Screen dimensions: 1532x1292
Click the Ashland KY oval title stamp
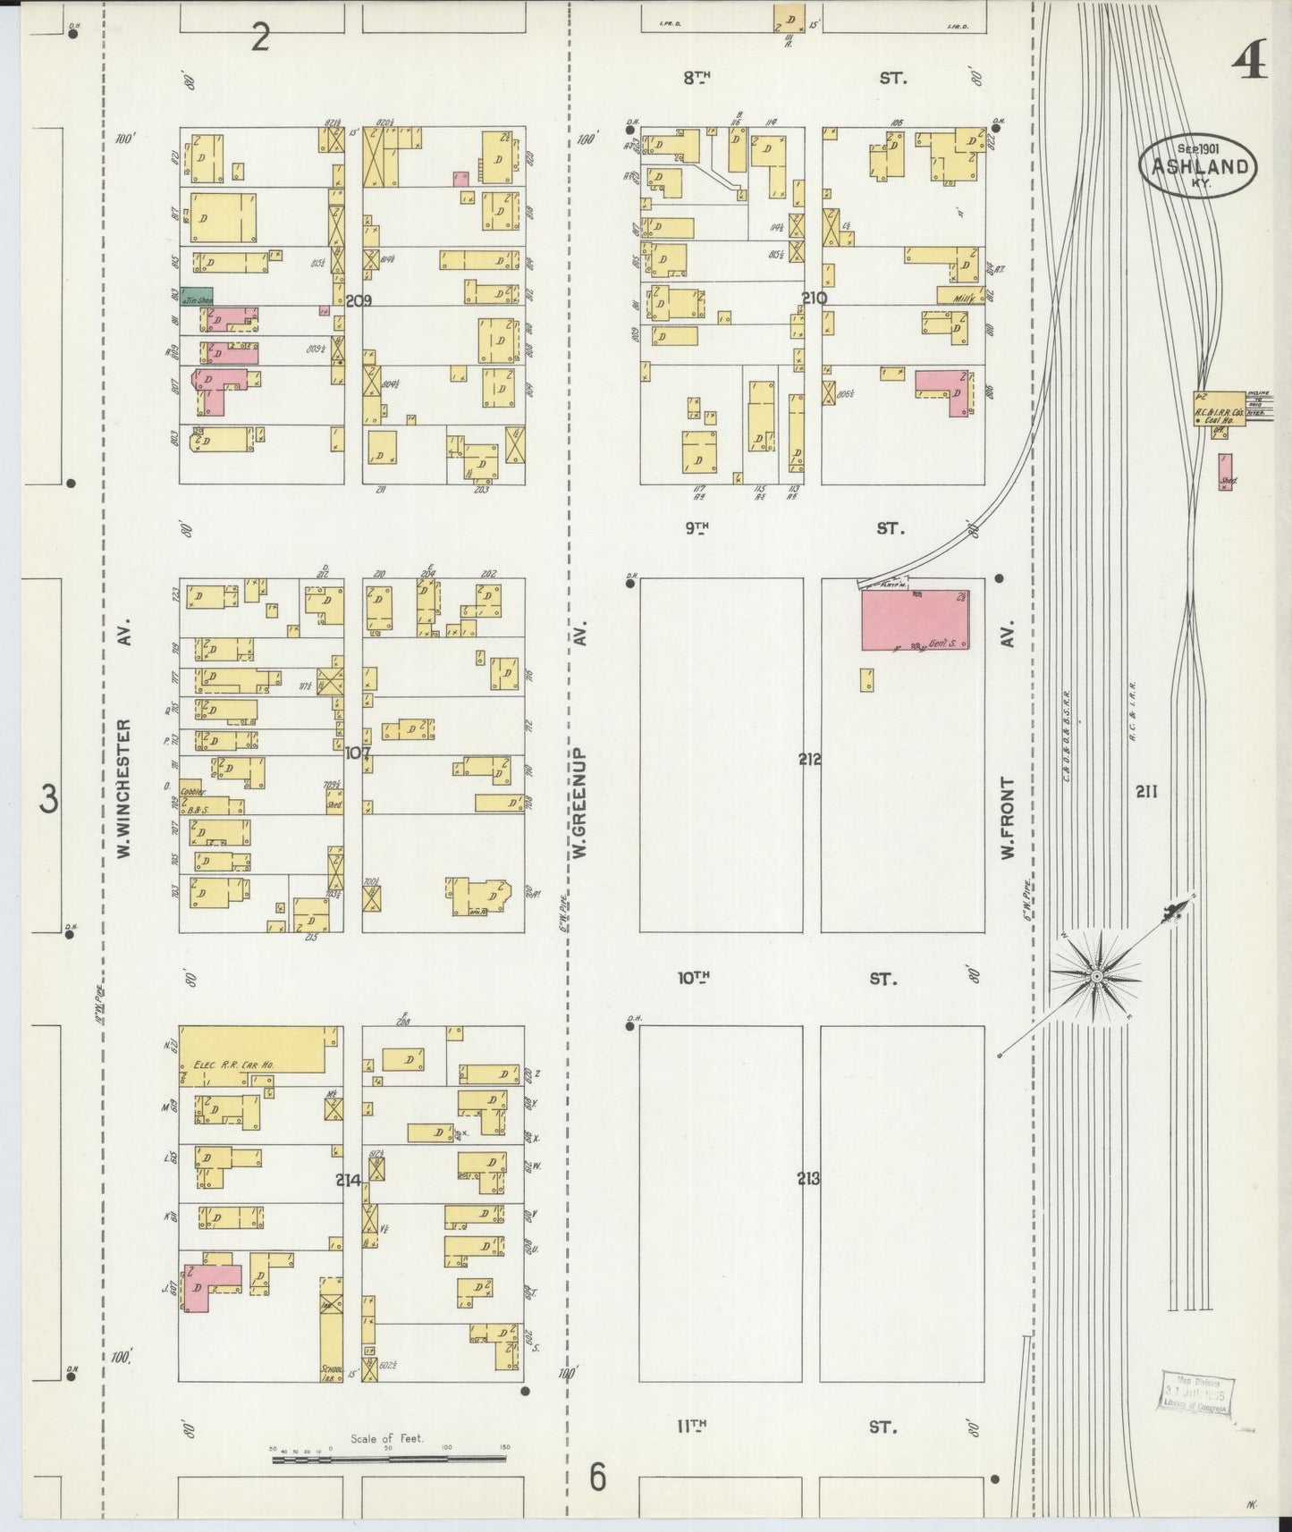coord(1197,165)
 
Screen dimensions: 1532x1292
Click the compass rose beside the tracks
coord(1095,976)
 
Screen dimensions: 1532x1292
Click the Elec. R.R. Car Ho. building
coord(253,1049)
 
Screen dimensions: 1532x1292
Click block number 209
coord(359,301)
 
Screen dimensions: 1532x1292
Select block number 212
coord(810,760)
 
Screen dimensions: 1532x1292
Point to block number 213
coord(808,1179)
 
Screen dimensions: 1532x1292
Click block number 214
coord(348,1180)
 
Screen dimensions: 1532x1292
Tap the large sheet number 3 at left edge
coord(49,798)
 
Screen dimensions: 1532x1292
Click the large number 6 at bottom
coord(597,1477)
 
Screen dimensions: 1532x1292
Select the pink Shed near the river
coord(1226,472)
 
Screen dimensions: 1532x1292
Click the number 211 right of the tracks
coord(1146,791)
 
